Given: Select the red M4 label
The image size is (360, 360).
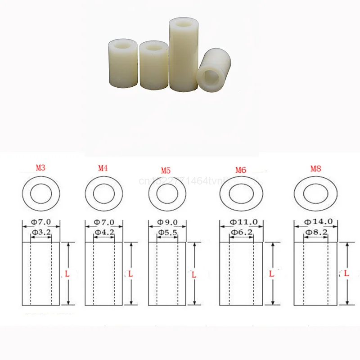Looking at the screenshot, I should (x=103, y=169).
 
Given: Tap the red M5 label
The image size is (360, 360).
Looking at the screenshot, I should (x=166, y=171).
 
